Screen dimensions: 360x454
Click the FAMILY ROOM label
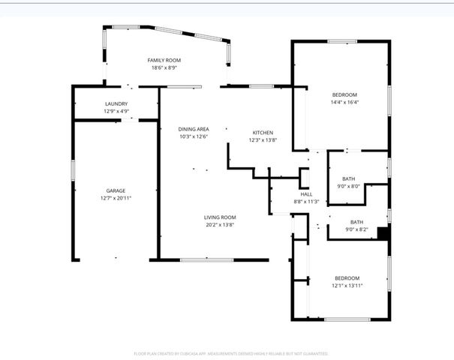[x=164, y=60]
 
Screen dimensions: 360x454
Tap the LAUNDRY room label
[x=116, y=103]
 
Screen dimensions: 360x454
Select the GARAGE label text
[x=115, y=190]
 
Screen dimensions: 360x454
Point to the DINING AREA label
[x=193, y=129]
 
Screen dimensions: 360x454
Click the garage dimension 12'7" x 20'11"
[x=115, y=198]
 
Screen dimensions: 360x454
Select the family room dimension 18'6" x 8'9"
[x=164, y=67]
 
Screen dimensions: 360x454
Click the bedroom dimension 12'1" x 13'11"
[x=347, y=285]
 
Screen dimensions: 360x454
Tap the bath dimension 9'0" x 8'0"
[x=349, y=186]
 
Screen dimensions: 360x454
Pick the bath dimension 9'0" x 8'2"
[x=356, y=229]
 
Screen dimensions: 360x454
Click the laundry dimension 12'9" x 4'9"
[x=116, y=111]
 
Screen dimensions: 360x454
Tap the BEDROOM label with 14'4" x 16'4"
[x=344, y=94]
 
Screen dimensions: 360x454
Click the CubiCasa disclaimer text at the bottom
[x=231, y=352]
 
